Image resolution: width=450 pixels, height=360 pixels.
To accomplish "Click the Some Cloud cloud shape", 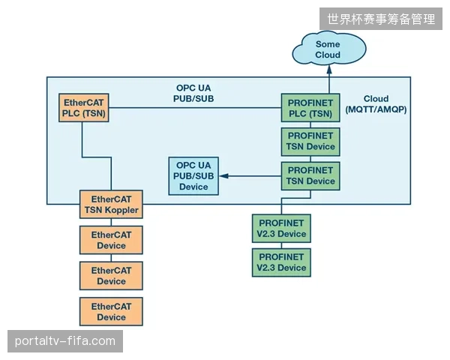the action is coord(329,49).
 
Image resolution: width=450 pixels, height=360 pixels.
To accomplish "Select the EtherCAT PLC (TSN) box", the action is coord(84,108).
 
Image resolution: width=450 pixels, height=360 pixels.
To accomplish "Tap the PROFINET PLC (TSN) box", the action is coord(310,108).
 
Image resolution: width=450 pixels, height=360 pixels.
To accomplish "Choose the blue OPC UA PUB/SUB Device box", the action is coord(193,176).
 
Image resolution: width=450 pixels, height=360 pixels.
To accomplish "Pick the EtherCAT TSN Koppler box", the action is coord(111,204).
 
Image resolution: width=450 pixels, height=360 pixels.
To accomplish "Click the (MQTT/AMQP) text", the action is coord(376,109).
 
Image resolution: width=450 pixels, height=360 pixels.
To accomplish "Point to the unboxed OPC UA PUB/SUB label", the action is coord(193,93).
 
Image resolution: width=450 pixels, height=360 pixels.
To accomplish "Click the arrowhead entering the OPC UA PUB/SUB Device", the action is coord(223,176).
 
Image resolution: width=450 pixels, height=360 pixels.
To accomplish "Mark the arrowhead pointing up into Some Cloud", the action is coord(329,69).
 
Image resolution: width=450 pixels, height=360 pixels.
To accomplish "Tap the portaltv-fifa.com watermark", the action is coord(65,341).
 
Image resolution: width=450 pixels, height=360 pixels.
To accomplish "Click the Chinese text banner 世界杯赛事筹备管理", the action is coord(381,19).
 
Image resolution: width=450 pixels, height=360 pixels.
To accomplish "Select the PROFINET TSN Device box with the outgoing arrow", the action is coord(310,176).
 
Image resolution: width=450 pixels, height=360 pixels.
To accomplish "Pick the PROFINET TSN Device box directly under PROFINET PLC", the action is coord(310,142).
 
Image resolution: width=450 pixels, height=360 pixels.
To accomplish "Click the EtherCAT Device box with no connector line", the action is coord(111,311).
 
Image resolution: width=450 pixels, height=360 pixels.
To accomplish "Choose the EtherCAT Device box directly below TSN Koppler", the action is coord(111,240).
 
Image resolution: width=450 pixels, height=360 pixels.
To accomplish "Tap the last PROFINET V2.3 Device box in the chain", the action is coord(281,262).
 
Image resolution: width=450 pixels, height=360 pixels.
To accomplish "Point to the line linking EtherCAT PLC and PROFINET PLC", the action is coord(195,108).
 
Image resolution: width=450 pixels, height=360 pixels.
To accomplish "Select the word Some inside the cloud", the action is coord(328,44).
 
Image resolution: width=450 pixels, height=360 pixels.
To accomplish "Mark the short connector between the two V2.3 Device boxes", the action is coord(281,245).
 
